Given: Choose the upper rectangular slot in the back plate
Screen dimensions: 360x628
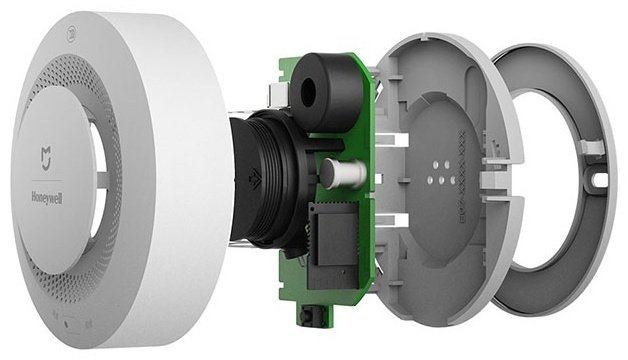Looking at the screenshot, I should [395, 131].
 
